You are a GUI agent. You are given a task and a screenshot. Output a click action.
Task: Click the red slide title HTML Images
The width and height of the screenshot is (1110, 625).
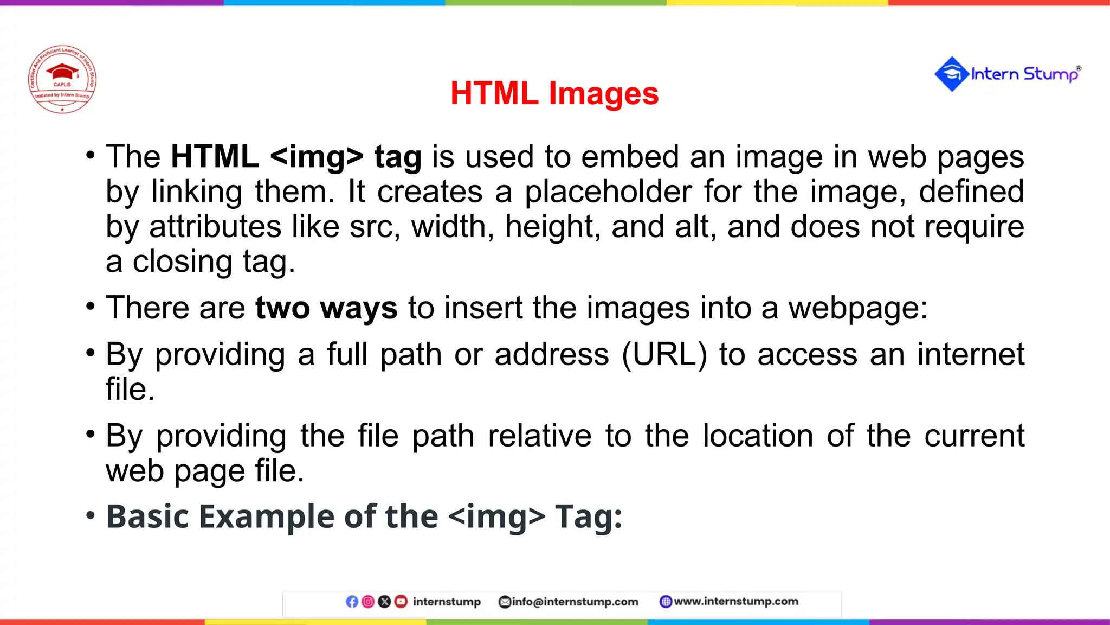[554, 93]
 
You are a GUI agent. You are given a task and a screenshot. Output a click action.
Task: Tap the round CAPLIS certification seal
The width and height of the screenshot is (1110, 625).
[62, 79]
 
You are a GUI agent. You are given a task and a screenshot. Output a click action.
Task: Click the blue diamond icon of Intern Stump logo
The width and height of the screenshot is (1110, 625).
[951, 74]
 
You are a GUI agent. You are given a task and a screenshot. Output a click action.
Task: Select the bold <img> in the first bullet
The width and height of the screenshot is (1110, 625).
[317, 157]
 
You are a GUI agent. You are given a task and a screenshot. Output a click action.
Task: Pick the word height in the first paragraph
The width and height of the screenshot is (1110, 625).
[553, 227]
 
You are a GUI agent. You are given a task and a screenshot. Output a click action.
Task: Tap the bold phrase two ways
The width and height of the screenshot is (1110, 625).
[326, 308]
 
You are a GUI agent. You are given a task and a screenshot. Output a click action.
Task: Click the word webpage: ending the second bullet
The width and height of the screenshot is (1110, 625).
[857, 308]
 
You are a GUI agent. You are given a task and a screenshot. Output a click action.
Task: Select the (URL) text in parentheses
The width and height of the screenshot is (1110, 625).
[664, 355]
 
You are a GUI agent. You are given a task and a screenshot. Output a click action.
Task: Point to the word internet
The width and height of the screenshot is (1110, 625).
[971, 355]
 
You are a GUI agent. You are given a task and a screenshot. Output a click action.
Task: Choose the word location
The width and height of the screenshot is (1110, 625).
[758, 436]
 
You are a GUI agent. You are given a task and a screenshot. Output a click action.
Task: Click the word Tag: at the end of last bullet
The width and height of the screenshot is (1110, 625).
[589, 516]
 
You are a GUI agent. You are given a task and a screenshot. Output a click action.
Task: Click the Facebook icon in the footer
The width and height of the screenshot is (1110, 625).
[352, 602]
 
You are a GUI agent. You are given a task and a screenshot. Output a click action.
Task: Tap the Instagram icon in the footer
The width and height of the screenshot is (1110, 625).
[368, 602]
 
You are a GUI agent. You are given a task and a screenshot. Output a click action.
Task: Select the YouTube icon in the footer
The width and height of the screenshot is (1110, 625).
[401, 602]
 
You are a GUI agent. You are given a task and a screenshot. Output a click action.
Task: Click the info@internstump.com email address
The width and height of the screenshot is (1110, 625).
[575, 602]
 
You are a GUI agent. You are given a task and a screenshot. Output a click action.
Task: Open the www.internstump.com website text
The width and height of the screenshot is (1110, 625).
[735, 601]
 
